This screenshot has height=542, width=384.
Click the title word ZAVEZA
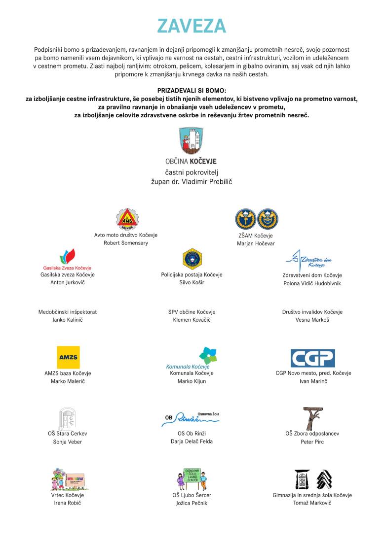click(x=192, y=26)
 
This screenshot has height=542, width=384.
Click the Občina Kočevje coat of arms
click(x=192, y=141)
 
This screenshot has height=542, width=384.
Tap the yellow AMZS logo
click(x=68, y=357)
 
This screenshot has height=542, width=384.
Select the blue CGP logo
click(x=312, y=358)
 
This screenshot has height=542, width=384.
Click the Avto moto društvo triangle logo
click(x=126, y=219)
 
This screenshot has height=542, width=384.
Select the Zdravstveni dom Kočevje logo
click(x=312, y=258)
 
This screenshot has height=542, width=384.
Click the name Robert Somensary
click(x=126, y=243)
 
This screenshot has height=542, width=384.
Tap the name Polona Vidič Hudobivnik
click(x=312, y=283)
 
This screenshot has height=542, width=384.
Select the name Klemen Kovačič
click(x=192, y=320)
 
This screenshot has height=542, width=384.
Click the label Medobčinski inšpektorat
click(x=68, y=312)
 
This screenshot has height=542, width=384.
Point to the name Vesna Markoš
click(x=312, y=320)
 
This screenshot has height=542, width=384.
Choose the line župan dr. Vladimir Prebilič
click(x=192, y=181)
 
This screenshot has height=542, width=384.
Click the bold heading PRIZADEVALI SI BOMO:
click(x=192, y=91)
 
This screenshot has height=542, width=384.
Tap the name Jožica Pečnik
click(x=192, y=503)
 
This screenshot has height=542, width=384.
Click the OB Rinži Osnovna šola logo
click(x=191, y=418)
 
